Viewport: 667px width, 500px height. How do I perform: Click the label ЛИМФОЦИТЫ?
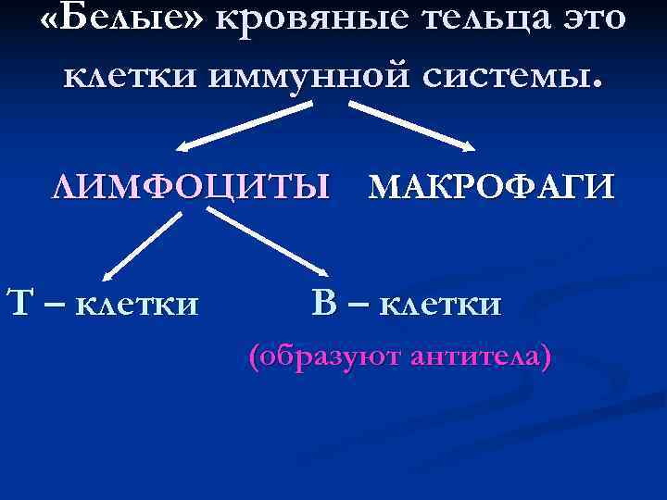coord(190,188)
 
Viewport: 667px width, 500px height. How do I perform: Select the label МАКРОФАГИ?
coord(491,188)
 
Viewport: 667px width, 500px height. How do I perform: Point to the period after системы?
coord(597,81)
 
